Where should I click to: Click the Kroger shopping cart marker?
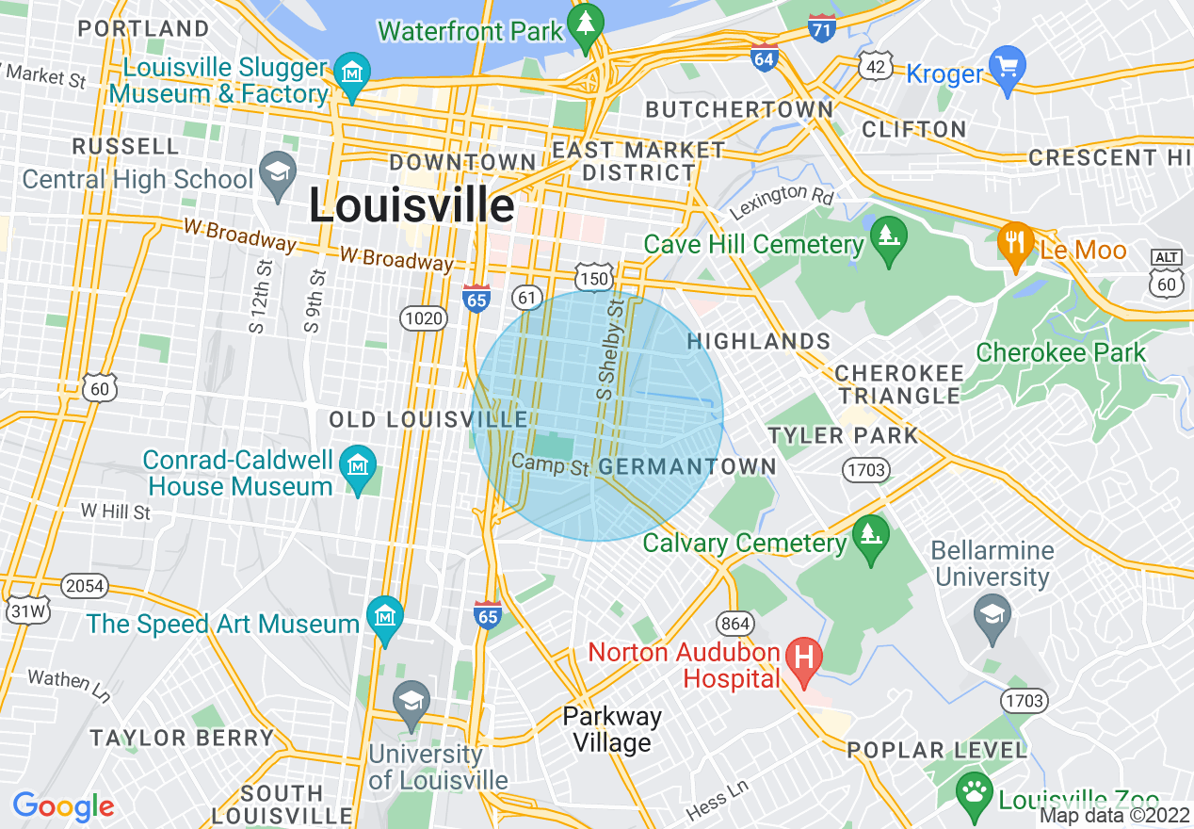click(1008, 70)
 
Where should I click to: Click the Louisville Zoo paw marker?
click(973, 792)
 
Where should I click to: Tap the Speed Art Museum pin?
click(384, 618)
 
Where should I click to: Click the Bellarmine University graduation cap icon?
click(992, 617)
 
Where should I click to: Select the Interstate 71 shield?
click(821, 27)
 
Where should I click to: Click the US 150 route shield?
click(595, 278)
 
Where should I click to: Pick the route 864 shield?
click(734, 622)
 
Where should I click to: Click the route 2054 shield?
click(85, 586)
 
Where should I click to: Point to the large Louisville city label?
click(411, 206)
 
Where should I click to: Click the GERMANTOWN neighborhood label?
click(687, 466)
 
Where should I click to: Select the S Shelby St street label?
click(612, 349)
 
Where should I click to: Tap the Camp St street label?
click(550, 463)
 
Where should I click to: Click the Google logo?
click(63, 806)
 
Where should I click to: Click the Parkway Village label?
click(612, 729)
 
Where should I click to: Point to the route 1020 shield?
click(422, 318)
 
